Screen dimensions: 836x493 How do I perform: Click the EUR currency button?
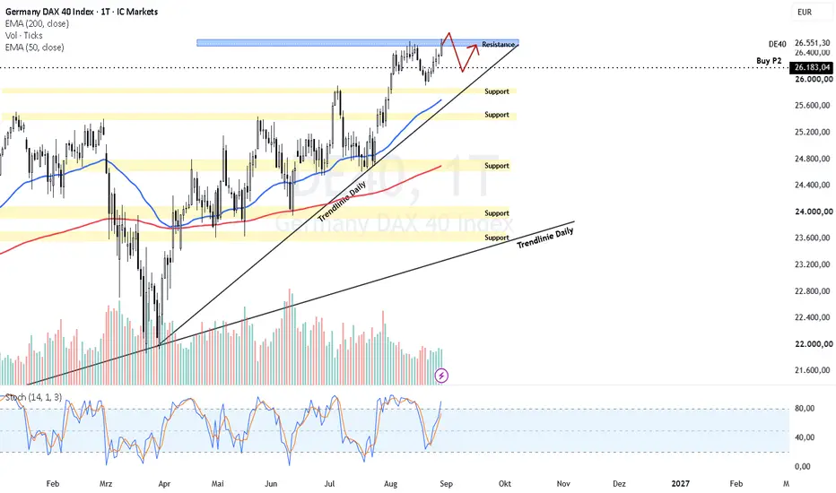coord(805,12)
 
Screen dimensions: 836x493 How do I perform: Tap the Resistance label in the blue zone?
coord(498,44)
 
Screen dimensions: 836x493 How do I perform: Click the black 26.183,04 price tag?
coord(811,67)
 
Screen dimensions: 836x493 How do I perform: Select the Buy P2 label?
coord(769,61)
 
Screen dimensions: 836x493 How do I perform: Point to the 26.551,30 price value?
coord(812,43)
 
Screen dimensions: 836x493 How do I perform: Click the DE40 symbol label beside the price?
coord(778,44)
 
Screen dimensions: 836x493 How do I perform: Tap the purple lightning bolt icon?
coord(441,376)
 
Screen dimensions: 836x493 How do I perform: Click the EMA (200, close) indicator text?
coord(37,23)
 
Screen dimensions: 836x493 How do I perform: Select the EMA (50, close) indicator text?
coord(35,48)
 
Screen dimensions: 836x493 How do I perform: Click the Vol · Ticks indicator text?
coord(24,35)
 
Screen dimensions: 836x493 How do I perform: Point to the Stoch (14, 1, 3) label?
coord(33,397)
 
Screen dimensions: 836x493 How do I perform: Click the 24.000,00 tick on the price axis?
coord(814,212)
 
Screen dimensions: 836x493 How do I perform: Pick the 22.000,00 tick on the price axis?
coord(814,344)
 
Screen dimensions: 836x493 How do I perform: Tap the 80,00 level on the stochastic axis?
coord(805,408)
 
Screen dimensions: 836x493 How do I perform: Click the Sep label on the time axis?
coord(447,483)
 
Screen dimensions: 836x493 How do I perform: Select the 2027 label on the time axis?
coord(680,483)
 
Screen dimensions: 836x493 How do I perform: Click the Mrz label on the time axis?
coord(106,483)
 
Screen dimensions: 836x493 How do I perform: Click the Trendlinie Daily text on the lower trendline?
coord(544,238)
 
